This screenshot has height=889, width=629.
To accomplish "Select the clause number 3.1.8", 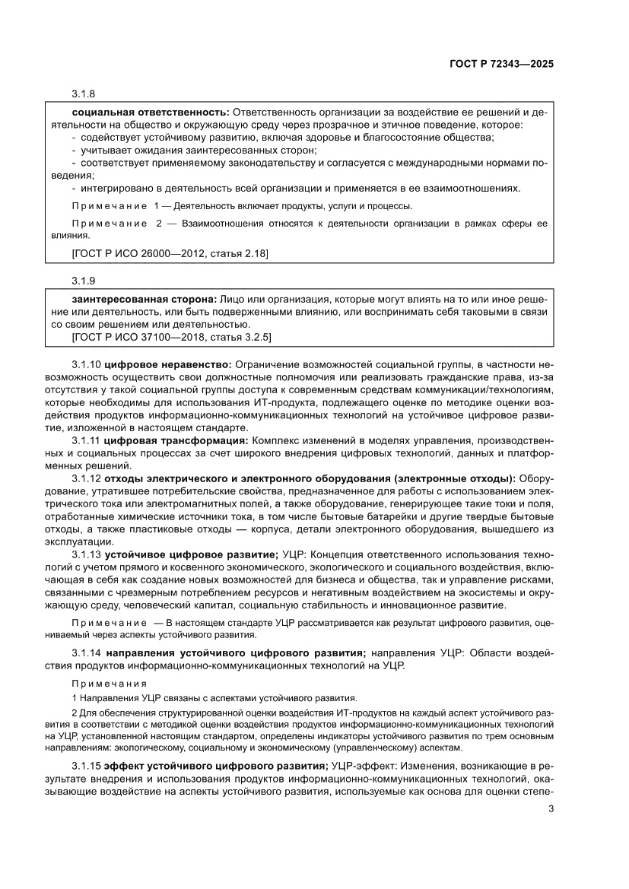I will coord(84,94).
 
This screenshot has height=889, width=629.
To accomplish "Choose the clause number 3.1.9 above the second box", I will coord(84,279).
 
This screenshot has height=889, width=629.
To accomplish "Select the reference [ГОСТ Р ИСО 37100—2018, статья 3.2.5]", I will coord(171,335).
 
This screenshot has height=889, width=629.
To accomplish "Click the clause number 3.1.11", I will coord(87,441).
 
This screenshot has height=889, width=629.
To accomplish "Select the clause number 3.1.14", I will coord(87,652).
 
